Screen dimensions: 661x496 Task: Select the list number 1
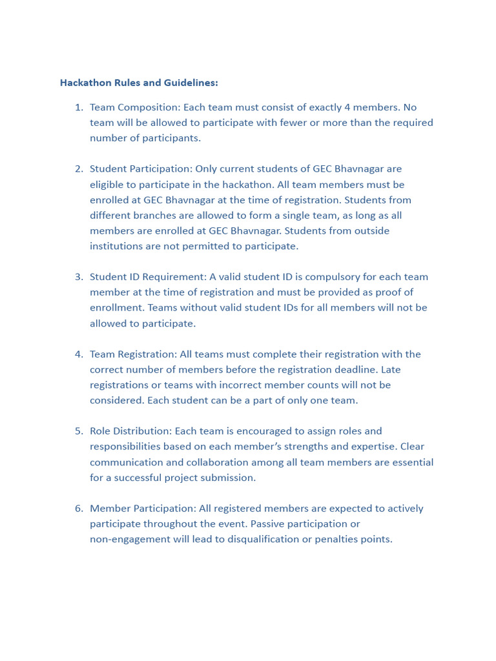coord(79,107)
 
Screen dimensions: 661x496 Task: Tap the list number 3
coord(79,277)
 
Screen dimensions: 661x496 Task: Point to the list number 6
coord(79,509)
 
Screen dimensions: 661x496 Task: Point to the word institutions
coord(116,246)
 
